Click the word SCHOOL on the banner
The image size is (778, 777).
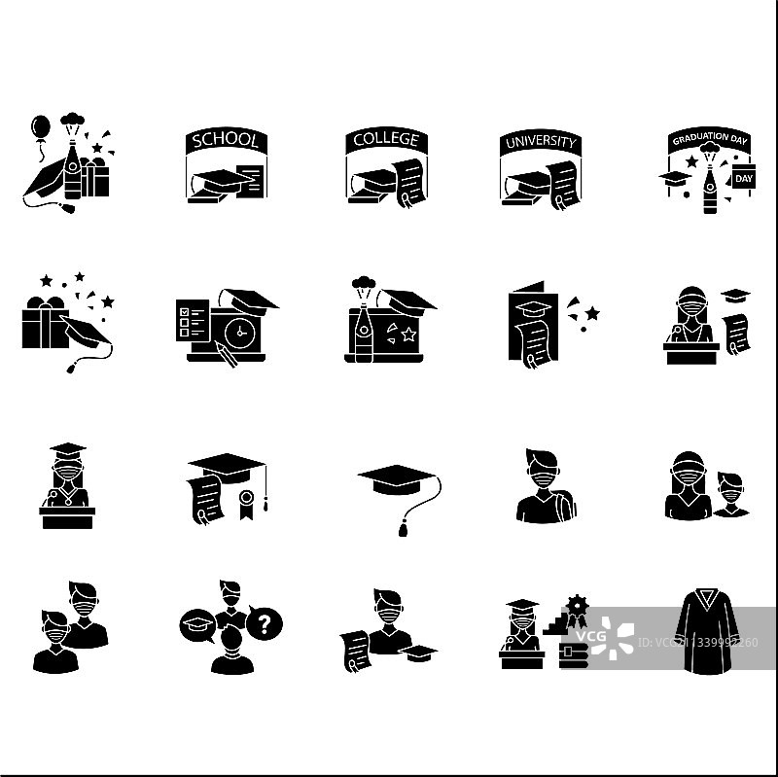[x=226, y=141]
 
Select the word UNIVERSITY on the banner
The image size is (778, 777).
[x=540, y=143]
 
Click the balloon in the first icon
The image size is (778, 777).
[x=40, y=128]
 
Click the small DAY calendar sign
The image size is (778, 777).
[x=743, y=178]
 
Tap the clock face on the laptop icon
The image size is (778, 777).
[x=237, y=332]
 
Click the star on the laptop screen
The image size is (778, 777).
[x=408, y=336]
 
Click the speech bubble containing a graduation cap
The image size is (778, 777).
[x=196, y=624]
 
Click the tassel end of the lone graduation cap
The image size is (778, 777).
[x=403, y=530]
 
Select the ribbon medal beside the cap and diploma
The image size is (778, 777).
[x=247, y=502]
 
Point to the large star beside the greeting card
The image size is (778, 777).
[x=591, y=313]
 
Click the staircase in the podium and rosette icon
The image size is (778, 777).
[x=558, y=622]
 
